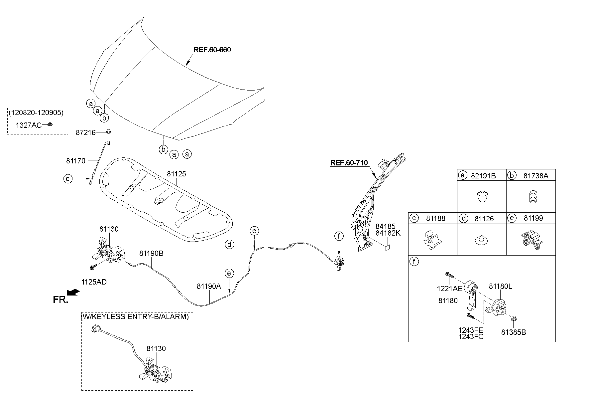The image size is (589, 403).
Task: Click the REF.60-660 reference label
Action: pos(212,50)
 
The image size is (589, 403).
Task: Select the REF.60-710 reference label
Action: pos(349,163)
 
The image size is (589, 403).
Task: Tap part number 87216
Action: pos(86,133)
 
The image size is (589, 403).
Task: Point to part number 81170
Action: pos(76,161)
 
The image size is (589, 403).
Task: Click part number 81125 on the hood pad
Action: pos(176,174)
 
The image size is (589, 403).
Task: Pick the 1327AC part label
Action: pos(29,125)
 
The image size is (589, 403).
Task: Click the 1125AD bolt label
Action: pos(94,282)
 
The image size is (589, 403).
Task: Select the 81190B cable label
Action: pos(151,254)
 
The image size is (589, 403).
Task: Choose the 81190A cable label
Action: pos(209,286)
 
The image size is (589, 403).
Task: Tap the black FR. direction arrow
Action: pos(73,292)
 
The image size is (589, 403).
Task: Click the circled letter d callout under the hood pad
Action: pos(229,245)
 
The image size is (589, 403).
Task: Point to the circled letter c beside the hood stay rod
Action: pos(68,179)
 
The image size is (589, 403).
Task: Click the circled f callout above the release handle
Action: pos(338,237)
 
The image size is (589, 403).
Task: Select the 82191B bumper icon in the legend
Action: pos(482,197)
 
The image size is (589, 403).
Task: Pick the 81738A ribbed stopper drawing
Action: pos(531,197)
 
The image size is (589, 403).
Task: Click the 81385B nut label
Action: pos(514,332)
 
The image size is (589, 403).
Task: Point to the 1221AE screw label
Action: pos(450,289)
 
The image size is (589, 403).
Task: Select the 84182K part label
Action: pos(388,233)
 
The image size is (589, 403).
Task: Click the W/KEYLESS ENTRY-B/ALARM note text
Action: pos(135,316)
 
